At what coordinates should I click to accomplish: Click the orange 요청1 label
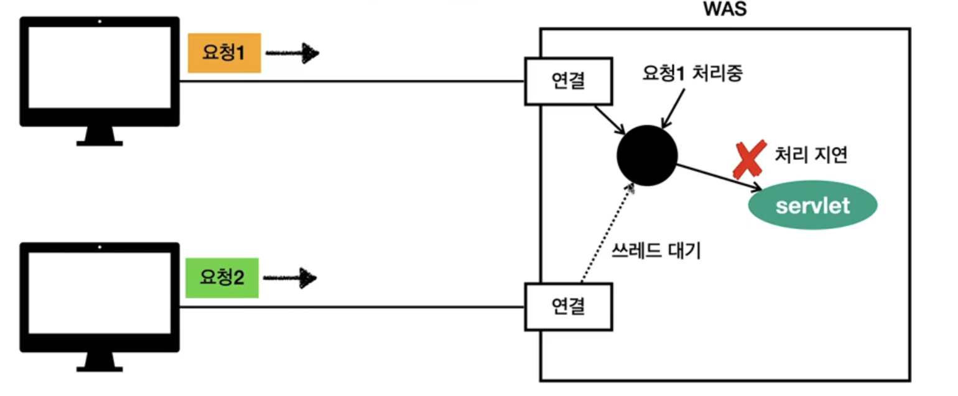(224, 53)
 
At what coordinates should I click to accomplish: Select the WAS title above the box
(725, 11)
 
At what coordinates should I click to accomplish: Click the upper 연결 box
(569, 82)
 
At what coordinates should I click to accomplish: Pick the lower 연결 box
(569, 306)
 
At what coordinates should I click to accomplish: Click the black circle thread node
(647, 155)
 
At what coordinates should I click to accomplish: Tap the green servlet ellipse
(812, 205)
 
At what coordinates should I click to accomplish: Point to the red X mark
(748, 160)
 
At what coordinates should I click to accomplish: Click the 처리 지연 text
(811, 154)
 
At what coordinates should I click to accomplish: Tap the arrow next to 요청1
(292, 54)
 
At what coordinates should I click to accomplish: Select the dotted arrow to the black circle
(607, 233)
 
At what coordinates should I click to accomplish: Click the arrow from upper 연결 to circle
(610, 120)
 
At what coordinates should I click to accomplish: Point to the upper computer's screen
(100, 68)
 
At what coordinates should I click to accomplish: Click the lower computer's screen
(100, 293)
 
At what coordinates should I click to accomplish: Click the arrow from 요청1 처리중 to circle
(674, 110)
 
